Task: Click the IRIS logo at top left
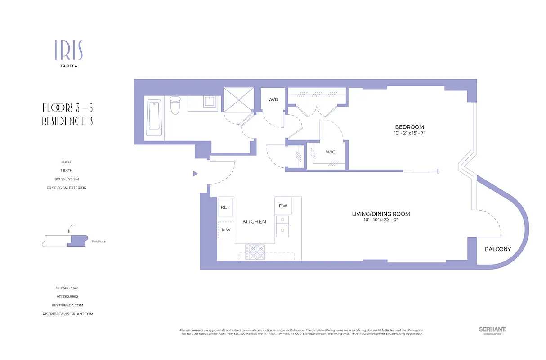(x=68, y=50)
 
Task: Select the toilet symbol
(x=175, y=105)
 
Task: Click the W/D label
(x=273, y=99)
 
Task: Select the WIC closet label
(x=331, y=152)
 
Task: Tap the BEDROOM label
(x=409, y=127)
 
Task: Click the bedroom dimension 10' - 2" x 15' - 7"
(x=409, y=134)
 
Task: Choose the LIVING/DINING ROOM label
(x=380, y=214)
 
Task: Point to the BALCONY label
(x=497, y=249)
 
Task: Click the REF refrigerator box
(x=225, y=207)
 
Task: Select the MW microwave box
(x=225, y=230)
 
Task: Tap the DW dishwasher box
(x=283, y=206)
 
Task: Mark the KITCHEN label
(x=254, y=221)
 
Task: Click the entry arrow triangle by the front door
(x=195, y=173)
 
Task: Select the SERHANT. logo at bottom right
(x=492, y=329)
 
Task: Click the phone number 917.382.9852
(x=67, y=297)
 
